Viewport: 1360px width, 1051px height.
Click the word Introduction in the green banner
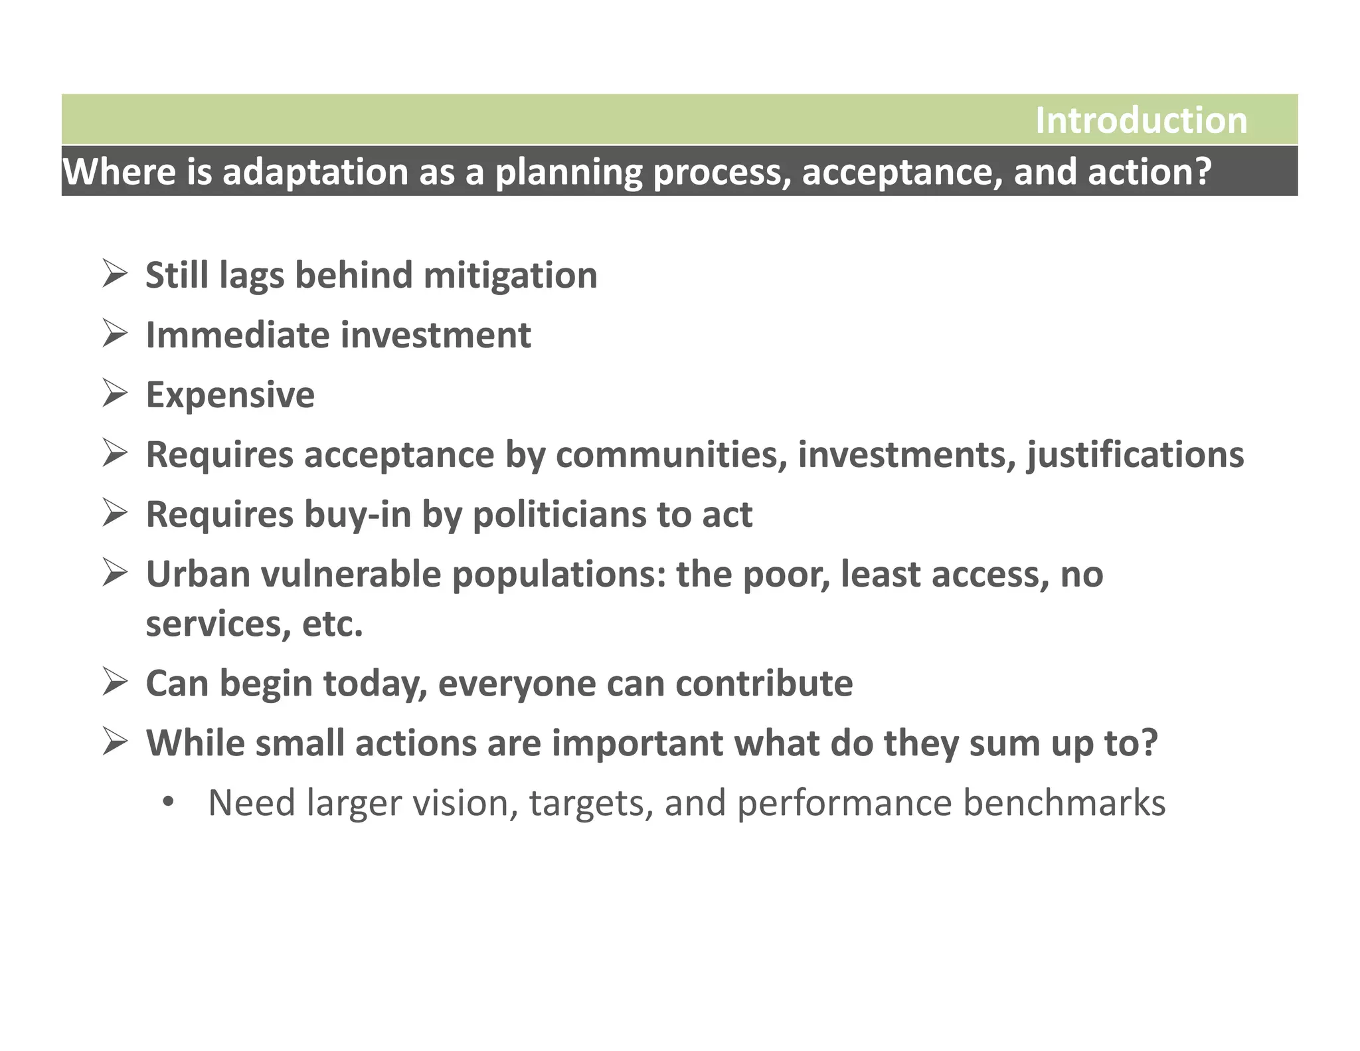1141,121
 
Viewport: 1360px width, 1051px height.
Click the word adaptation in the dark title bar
315,172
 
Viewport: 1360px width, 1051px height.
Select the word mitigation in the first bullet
510,275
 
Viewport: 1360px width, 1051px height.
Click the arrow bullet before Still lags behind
115,274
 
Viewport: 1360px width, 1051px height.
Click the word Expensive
230,395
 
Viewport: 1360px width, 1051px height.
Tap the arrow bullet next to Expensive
115,393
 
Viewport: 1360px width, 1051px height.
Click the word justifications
1135,455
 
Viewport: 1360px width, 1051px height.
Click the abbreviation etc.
332,624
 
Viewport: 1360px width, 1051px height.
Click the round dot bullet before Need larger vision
168,803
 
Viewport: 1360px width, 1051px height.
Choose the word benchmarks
1064,803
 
